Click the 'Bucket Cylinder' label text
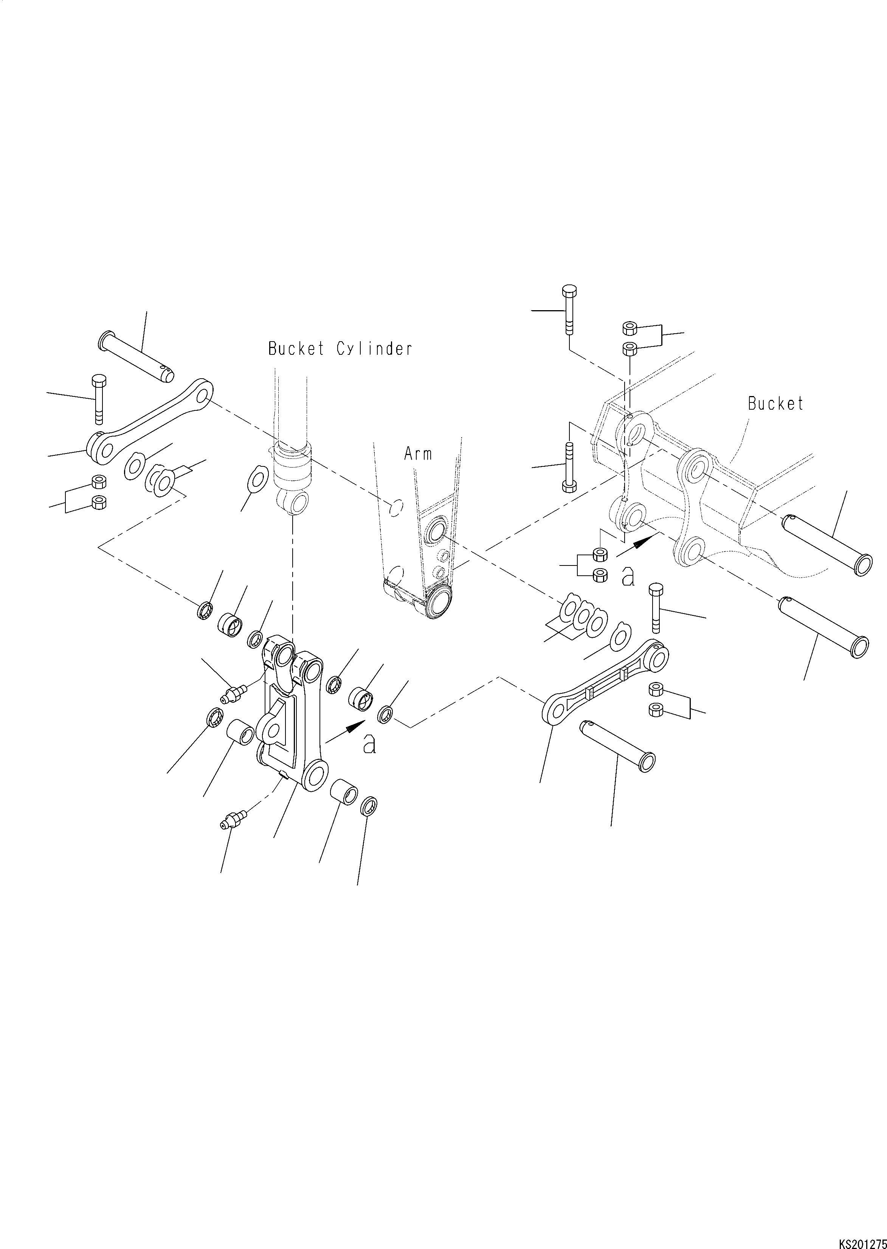[x=340, y=349]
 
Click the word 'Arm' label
[x=418, y=453]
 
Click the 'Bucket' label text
[x=775, y=404]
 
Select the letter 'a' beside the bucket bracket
[x=629, y=577]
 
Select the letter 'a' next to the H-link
[x=370, y=745]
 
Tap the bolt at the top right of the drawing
[x=569, y=310]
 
